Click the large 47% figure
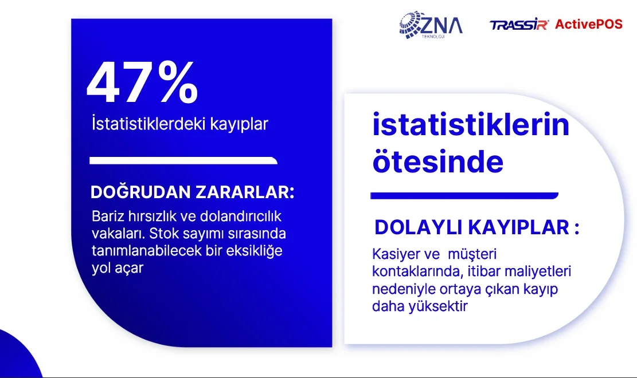pos(142,82)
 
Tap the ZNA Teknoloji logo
pos(431,25)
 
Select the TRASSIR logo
pos(519,25)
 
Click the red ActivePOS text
pos(589,25)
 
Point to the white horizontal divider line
pos(183,160)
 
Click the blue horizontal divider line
pos(464,196)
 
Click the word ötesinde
pos(438,162)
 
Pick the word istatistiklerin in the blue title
pos(471,125)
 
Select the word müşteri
pos(472,254)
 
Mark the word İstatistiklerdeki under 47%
pos(148,124)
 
